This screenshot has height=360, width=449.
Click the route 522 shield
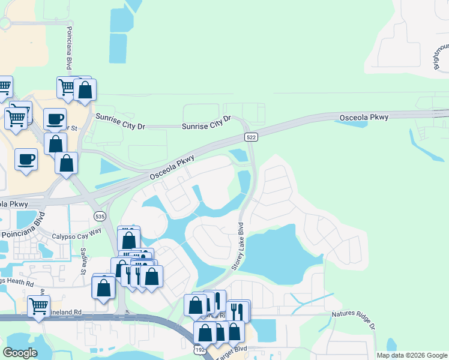[x=252, y=138]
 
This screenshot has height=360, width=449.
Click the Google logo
[x=20, y=353]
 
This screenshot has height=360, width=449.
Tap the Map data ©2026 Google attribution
[x=412, y=355]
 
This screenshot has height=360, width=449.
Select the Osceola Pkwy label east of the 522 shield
[x=364, y=117]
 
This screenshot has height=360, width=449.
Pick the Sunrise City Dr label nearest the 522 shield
[x=206, y=122]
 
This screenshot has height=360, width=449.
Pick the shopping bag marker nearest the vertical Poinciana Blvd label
[x=85, y=90]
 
